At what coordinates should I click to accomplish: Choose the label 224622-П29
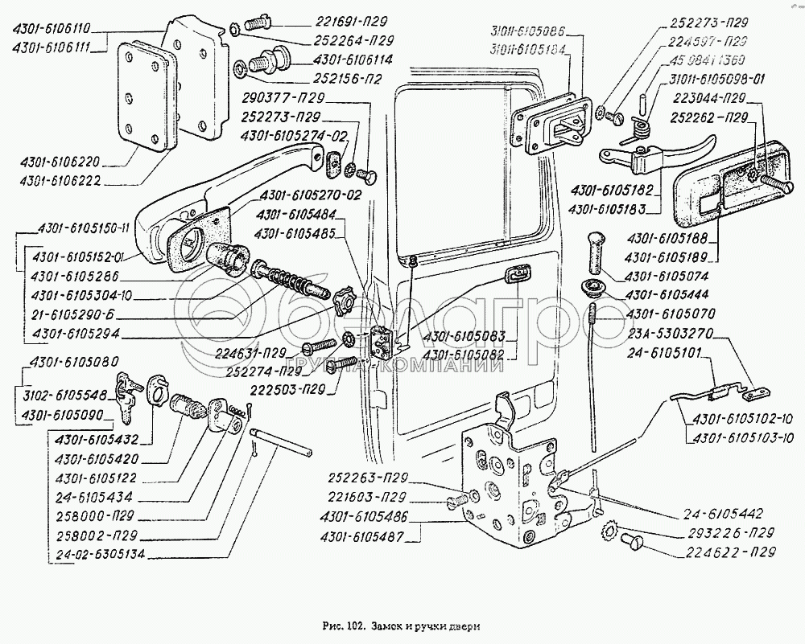(732, 552)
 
